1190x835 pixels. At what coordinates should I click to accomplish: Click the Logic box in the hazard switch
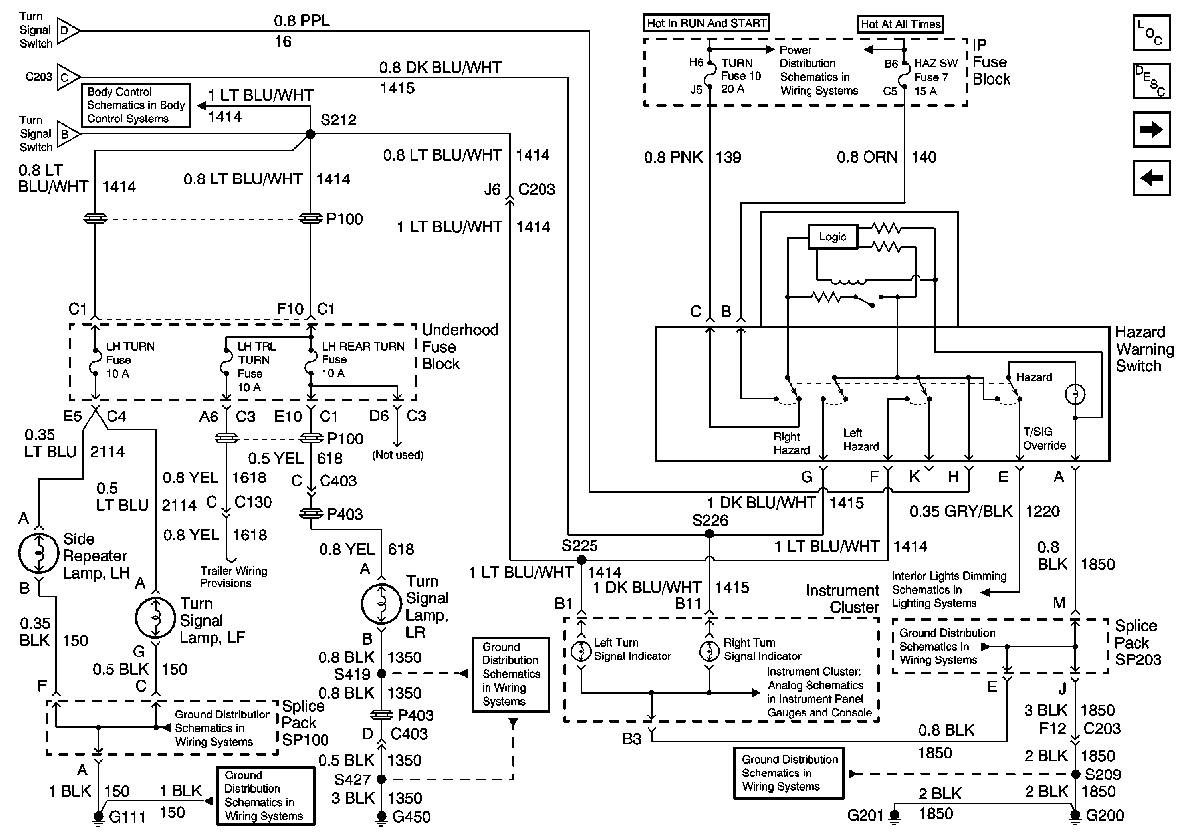click(x=832, y=237)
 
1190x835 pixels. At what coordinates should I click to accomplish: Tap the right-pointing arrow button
click(x=1151, y=129)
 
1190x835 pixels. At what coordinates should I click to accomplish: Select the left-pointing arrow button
click(x=1151, y=178)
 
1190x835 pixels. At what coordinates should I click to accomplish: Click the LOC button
click(x=1151, y=33)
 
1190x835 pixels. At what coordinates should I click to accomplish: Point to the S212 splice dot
click(x=310, y=134)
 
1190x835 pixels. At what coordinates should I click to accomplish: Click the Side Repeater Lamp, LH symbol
click(x=38, y=553)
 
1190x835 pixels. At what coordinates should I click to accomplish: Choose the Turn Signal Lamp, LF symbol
click(x=156, y=618)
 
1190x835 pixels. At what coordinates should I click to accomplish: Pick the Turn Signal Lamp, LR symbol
click(x=381, y=604)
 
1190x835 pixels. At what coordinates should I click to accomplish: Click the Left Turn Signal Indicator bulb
click(x=581, y=651)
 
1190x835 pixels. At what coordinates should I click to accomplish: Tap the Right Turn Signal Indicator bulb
click(x=709, y=651)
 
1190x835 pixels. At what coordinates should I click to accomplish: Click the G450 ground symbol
click(x=381, y=817)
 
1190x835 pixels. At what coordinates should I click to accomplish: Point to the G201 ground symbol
click(x=895, y=816)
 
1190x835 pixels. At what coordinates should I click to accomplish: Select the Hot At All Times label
click(x=900, y=24)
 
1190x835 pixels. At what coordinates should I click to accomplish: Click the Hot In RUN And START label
click(x=706, y=23)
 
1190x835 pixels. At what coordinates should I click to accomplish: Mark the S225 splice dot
click(x=581, y=560)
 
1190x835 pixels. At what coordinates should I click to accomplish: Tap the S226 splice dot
click(x=709, y=534)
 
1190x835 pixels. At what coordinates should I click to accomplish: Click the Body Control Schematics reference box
click(x=136, y=105)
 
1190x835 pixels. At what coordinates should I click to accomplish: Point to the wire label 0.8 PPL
click(x=302, y=21)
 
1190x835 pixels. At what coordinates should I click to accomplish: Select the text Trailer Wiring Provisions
click(x=234, y=577)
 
